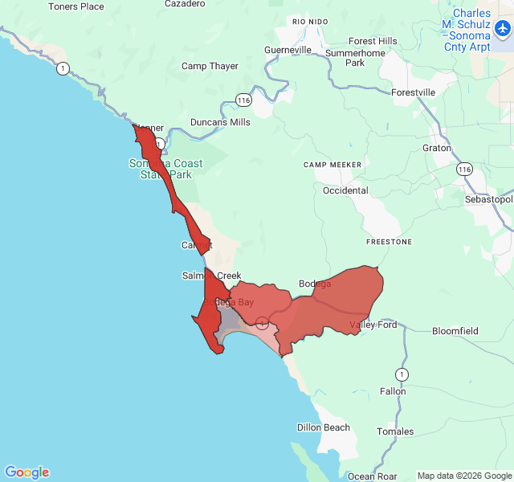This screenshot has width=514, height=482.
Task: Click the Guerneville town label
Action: pyautogui.click(x=288, y=50)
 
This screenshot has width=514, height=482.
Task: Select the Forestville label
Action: pyautogui.click(x=413, y=92)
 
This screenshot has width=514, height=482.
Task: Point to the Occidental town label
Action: pyautogui.click(x=345, y=190)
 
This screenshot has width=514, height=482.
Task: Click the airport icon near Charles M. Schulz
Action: pyautogui.click(x=503, y=29)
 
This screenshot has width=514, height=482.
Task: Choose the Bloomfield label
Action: pyautogui.click(x=455, y=331)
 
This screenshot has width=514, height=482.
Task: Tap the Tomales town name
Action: pyautogui.click(x=395, y=431)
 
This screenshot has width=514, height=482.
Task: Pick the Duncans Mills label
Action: pyautogui.click(x=220, y=122)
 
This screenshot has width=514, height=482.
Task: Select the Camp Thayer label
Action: pyautogui.click(x=210, y=66)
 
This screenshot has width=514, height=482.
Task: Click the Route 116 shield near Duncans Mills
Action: pyautogui.click(x=243, y=99)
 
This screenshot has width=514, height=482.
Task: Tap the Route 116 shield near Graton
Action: pyautogui.click(x=463, y=169)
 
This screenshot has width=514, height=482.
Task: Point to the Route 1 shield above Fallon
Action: pyautogui.click(x=401, y=374)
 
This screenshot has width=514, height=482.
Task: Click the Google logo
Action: pyautogui.click(x=27, y=472)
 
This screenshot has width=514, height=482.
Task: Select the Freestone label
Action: pyautogui.click(x=389, y=242)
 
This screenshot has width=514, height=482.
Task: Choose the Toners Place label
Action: pyautogui.click(x=76, y=6)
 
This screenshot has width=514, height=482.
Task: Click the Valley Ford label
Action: pyautogui.click(x=373, y=325)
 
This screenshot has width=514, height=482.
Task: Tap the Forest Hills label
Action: pyautogui.click(x=373, y=41)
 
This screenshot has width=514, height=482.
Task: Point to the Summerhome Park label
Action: pyautogui.click(x=344, y=58)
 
